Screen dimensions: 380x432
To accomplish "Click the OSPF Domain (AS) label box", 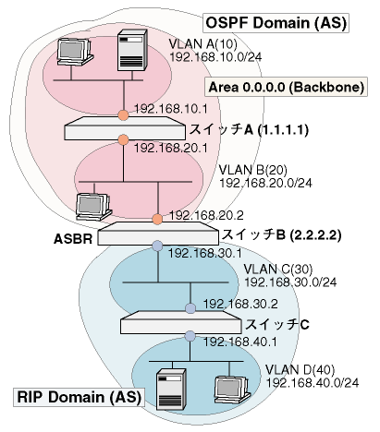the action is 276,23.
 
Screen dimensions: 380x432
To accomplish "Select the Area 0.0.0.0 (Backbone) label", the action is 286,87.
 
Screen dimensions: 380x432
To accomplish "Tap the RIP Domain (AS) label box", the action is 79,397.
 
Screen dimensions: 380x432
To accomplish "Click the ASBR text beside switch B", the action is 73,239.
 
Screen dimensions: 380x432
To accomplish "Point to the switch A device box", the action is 125,128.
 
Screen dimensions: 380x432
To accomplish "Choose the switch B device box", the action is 158,234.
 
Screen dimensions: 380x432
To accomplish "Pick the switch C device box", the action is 181,322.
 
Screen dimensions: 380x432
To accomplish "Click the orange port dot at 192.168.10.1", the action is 123,115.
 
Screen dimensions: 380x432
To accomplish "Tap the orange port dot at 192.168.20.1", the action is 123,139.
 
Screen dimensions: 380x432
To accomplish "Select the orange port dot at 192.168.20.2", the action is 157,220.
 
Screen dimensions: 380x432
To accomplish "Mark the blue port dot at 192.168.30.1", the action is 157,246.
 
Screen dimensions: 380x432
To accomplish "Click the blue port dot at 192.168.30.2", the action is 190,308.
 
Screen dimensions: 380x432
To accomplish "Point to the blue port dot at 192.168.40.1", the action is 190,336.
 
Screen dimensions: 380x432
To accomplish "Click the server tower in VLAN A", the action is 132,50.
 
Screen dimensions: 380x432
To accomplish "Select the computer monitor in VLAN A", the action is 75,52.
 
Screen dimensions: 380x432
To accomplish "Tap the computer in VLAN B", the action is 93,207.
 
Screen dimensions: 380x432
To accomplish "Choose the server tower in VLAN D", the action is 171,390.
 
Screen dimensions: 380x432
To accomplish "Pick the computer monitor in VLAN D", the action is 232,390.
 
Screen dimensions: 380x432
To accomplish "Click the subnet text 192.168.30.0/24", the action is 290,282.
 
